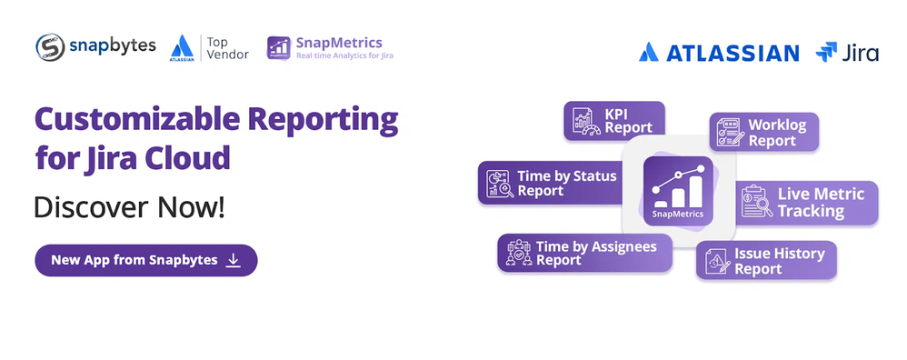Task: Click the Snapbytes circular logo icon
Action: click(50, 47)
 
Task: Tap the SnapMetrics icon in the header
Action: click(278, 48)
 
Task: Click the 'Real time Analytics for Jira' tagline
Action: click(344, 56)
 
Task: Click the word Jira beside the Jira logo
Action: click(860, 53)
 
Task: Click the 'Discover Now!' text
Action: click(129, 208)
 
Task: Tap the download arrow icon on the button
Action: click(234, 260)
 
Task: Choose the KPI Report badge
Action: click(614, 120)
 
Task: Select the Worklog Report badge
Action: click(764, 132)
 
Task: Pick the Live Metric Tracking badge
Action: click(808, 203)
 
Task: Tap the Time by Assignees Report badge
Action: click(584, 253)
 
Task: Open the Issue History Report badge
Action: click(766, 260)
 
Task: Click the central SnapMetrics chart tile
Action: click(678, 191)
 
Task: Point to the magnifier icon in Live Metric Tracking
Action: click(763, 207)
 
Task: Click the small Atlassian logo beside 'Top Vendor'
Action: click(182, 48)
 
